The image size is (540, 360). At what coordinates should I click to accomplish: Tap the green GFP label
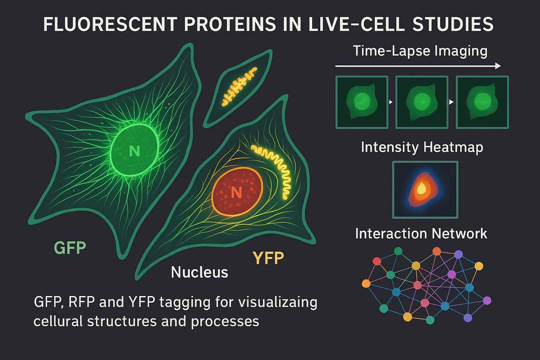70,248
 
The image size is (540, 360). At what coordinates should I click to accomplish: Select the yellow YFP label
268,258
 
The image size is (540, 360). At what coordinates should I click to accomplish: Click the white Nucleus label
199,272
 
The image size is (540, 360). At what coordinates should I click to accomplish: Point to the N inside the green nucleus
134,151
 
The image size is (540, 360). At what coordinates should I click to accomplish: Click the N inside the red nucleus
236,192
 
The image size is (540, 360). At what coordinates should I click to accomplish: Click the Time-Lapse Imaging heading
420,51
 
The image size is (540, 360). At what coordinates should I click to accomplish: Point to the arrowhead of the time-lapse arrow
498,66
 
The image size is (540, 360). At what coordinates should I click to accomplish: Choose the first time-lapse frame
362,102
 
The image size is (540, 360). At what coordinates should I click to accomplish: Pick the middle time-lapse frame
422,102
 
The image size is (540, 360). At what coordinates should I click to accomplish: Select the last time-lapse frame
482,102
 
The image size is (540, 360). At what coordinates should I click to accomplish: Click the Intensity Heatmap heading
422,147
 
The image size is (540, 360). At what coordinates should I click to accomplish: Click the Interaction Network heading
421,233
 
